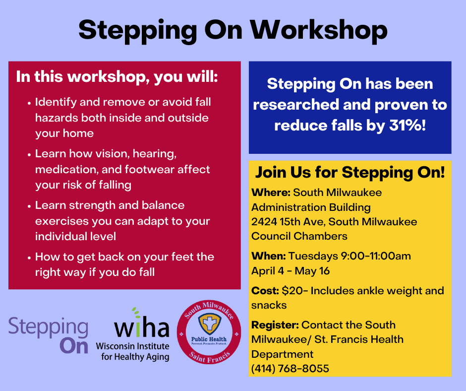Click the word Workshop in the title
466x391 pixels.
(x=319, y=31)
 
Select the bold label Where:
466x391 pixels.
(x=271, y=193)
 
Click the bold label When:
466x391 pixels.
(x=269, y=256)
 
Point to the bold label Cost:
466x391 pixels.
(x=265, y=291)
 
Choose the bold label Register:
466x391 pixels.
(x=275, y=325)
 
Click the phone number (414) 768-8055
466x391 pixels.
(x=290, y=369)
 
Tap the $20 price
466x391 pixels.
(x=292, y=291)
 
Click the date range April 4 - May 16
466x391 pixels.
(x=291, y=271)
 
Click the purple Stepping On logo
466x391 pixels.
(x=49, y=335)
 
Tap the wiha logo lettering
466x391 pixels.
(x=142, y=325)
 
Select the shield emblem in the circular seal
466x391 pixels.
(x=209, y=324)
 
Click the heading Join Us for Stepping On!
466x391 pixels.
(x=350, y=173)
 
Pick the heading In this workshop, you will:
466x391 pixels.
(x=117, y=77)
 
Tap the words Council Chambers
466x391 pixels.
(x=299, y=236)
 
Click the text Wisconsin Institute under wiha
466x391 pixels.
(x=132, y=346)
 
